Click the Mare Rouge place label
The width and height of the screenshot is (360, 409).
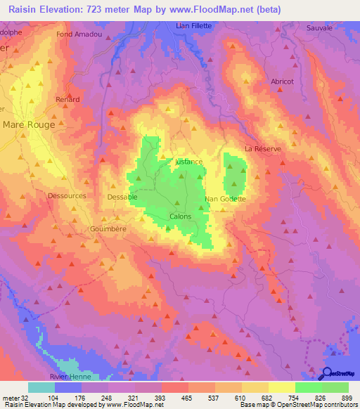tap(29, 124)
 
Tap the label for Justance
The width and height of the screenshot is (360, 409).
tap(188, 162)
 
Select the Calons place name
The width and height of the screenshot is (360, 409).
tap(180, 216)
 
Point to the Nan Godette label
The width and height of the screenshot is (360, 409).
tap(225, 199)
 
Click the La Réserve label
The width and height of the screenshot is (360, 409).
tap(262, 149)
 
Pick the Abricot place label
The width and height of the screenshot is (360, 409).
tap(282, 82)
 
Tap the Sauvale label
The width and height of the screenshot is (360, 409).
tap(319, 27)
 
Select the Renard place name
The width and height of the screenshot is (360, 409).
tap(67, 100)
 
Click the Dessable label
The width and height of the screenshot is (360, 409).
tap(122, 197)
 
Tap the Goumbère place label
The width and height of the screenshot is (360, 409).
tap(107, 229)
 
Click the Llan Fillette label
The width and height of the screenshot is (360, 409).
tap(193, 25)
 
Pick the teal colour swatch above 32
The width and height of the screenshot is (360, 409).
tap(41, 387)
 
